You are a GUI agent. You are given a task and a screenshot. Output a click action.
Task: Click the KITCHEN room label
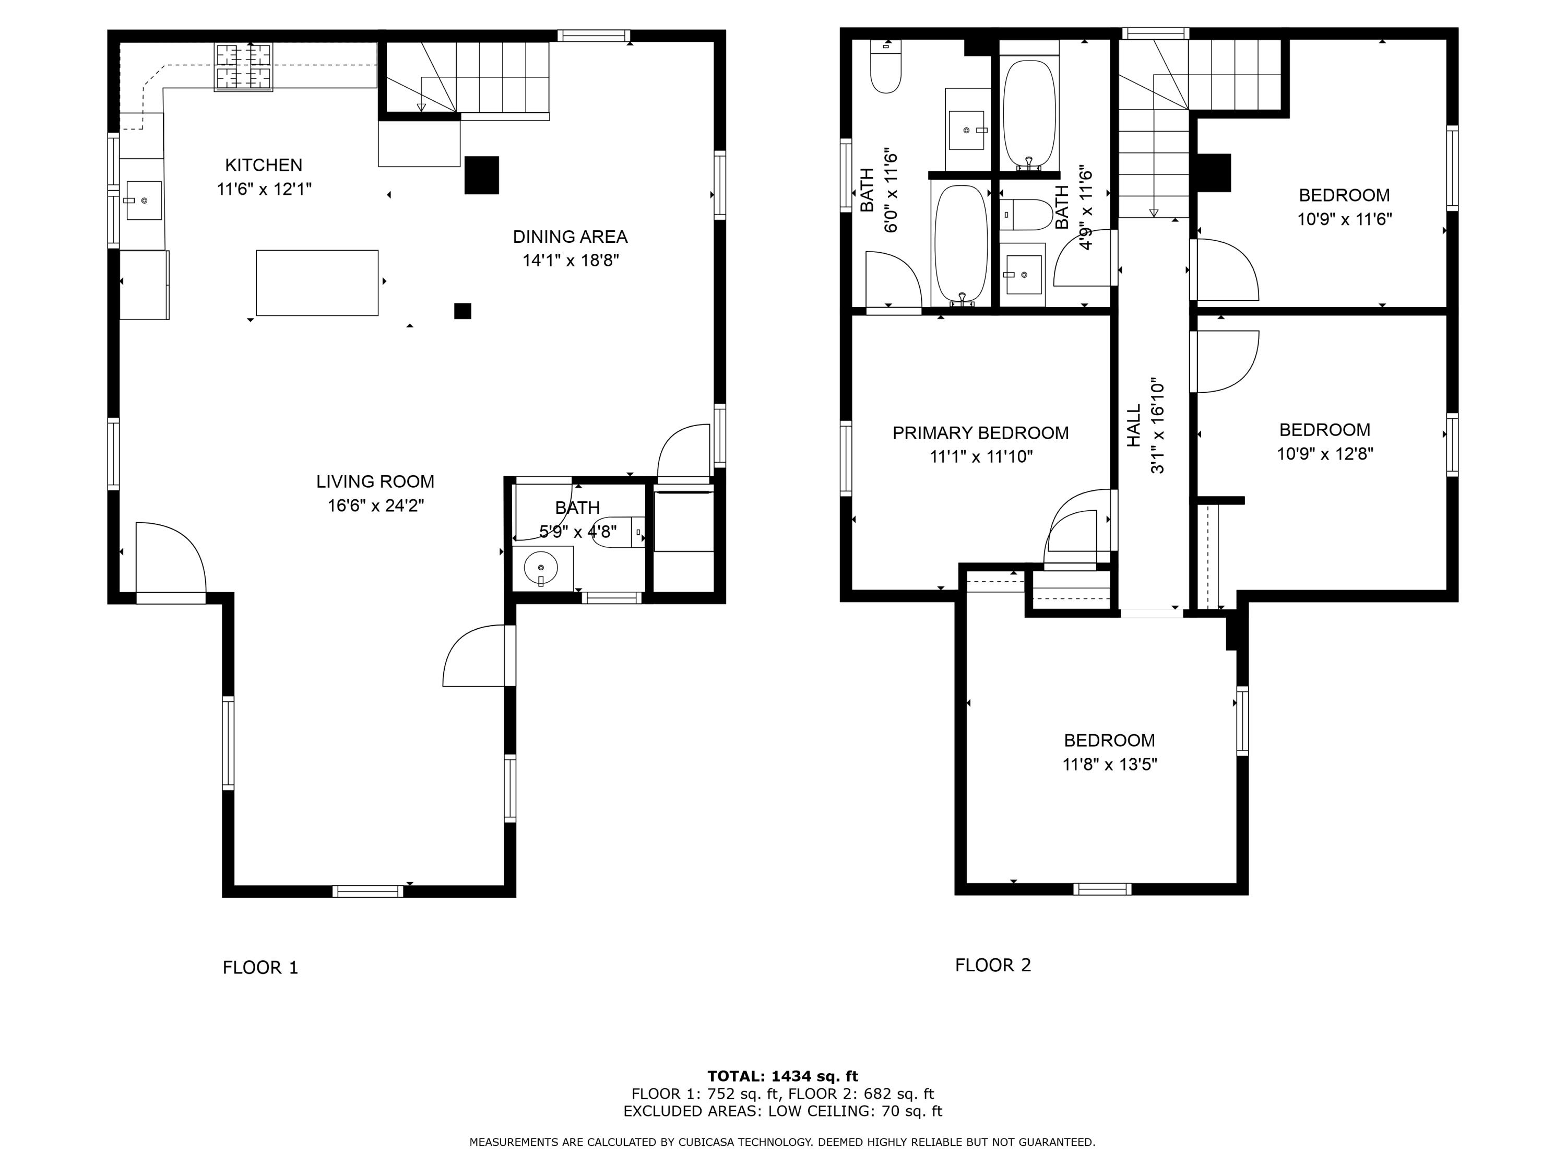coord(264,165)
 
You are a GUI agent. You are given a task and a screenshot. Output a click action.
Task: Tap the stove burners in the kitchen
coord(244,67)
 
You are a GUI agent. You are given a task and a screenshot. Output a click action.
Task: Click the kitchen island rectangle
coord(317,283)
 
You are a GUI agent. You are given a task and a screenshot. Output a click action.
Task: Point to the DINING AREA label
coord(570,237)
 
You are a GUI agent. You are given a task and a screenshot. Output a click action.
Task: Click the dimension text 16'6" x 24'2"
coord(375,506)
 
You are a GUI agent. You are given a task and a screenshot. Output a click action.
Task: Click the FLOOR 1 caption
coord(260,968)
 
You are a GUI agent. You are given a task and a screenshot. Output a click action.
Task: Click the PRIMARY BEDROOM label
coord(980,433)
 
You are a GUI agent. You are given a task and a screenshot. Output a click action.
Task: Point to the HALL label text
coord(1134,425)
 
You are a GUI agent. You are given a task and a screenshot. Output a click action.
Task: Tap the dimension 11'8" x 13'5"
coord(1109,764)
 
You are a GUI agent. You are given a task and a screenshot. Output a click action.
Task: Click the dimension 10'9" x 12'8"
coord(1325,453)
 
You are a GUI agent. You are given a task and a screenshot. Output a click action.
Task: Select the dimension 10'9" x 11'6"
coord(1344,219)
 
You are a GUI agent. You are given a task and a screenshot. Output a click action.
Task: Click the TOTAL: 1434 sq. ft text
coord(782,1076)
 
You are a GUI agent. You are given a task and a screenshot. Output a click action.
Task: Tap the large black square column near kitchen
coord(481,175)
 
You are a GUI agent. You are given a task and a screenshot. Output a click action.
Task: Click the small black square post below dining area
coord(462,311)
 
